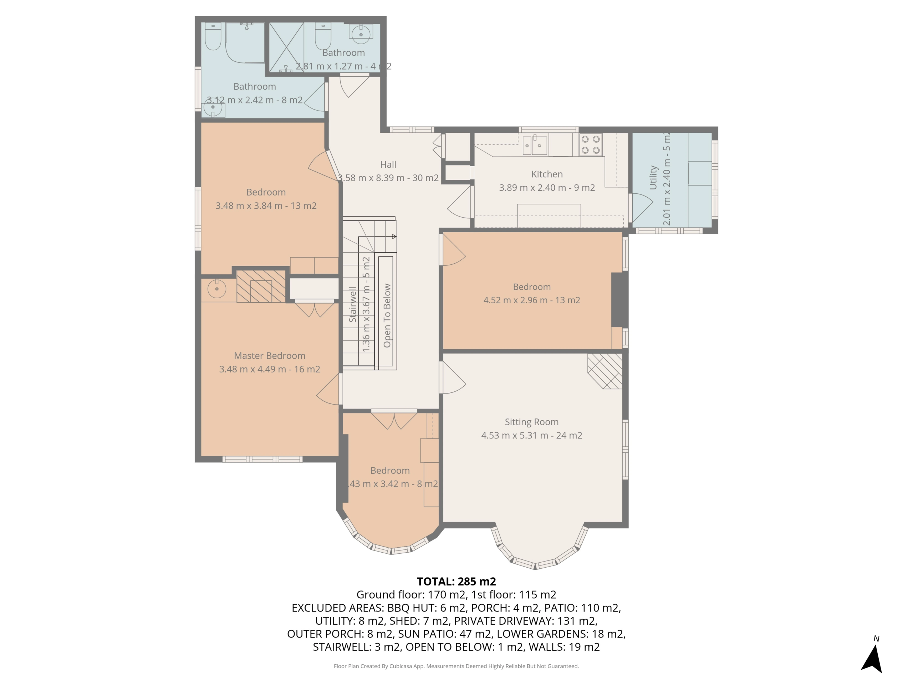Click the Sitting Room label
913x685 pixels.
pyautogui.click(x=532, y=422)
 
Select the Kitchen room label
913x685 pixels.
pyautogui.click(x=547, y=174)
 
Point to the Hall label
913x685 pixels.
pyautogui.click(x=388, y=165)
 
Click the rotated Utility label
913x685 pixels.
pyautogui.click(x=653, y=178)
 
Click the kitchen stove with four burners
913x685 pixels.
pyautogui.click(x=591, y=144)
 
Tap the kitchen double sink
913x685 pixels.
pyautogui.click(x=535, y=145)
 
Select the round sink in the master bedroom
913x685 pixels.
pyautogui.click(x=217, y=289)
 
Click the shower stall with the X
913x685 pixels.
pyautogui.click(x=286, y=47)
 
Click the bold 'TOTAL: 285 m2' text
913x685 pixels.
pyautogui.click(x=456, y=582)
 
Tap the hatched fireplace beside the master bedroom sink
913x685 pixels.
pyautogui.click(x=261, y=286)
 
